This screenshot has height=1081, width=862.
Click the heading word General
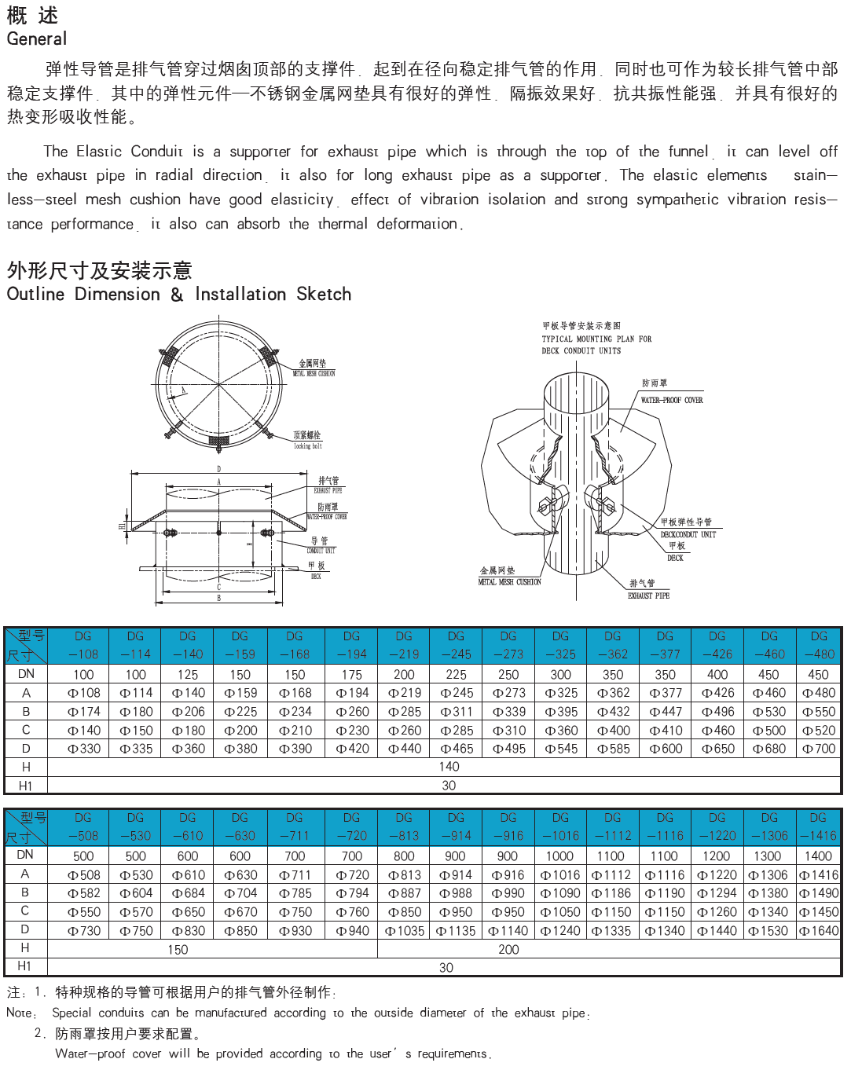pos(37,38)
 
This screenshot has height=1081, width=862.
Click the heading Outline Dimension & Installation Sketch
pos(179,294)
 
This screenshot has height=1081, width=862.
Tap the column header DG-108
pos(83,645)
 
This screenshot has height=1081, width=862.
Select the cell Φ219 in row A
pos(404,693)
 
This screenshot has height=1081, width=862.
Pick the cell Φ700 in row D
pos(818,749)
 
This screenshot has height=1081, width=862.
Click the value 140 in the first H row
pos(449,767)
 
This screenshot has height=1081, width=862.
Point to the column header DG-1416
pos(818,826)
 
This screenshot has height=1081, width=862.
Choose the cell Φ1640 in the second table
pos(819,931)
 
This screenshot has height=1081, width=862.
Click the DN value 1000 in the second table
pos(559,856)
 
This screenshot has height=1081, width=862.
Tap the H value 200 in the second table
pos(508,949)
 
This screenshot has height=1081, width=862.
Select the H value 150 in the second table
pos(178,949)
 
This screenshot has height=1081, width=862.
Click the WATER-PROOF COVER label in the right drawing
pos(672,400)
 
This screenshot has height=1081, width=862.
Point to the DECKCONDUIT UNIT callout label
pos(688,534)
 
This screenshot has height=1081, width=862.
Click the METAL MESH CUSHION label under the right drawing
pos(509,582)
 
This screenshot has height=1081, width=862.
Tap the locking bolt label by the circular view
pos(308,446)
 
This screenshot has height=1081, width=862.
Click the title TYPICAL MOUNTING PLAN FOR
pos(596,339)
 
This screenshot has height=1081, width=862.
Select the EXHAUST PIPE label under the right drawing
pos(648,595)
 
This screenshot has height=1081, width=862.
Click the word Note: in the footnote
pos(20,1013)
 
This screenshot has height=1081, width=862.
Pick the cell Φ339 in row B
pos(508,712)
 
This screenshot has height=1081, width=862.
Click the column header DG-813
pos(404,826)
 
